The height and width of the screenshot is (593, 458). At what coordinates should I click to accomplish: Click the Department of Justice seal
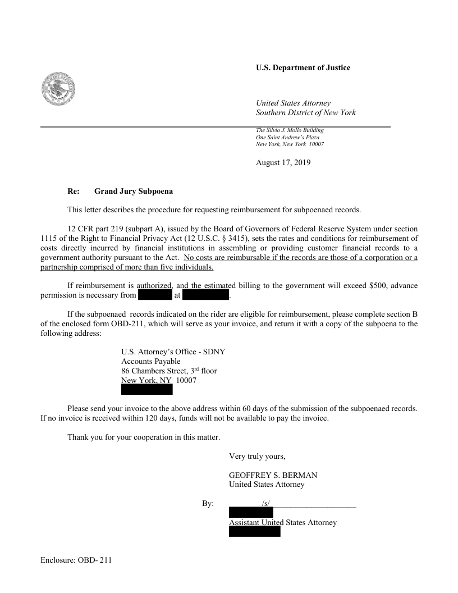pyautogui.click(x=59, y=89)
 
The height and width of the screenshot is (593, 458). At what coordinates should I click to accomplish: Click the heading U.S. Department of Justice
pyautogui.click(x=303, y=68)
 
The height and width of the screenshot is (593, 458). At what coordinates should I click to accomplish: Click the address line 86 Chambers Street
pyautogui.click(x=169, y=371)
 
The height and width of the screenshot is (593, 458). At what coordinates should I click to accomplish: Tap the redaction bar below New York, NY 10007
pyautogui.click(x=147, y=390)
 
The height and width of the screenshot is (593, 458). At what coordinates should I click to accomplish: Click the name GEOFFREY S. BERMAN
pyautogui.click(x=273, y=475)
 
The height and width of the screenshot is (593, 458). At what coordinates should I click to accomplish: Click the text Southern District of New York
pyautogui.click(x=305, y=113)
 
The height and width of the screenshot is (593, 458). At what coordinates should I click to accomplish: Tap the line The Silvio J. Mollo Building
pyautogui.click(x=290, y=130)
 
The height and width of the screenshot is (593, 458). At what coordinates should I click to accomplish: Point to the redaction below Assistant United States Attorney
pyautogui.click(x=254, y=532)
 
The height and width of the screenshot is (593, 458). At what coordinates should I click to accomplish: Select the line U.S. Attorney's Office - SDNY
pyautogui.click(x=173, y=352)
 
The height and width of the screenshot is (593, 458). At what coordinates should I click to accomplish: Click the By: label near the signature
pyautogui.click(x=208, y=504)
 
